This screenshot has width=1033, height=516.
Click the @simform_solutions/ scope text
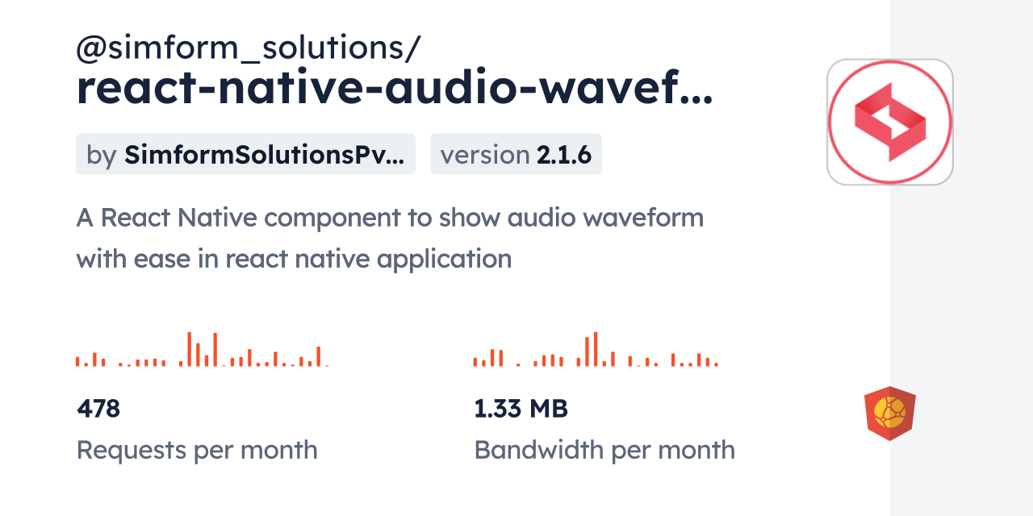click(x=248, y=48)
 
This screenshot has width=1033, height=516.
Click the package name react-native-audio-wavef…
click(x=395, y=88)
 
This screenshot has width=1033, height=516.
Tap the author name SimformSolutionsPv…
click(x=264, y=155)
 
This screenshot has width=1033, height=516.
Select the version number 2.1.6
click(x=563, y=155)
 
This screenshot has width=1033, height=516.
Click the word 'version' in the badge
click(x=485, y=155)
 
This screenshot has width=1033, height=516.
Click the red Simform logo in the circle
click(x=890, y=122)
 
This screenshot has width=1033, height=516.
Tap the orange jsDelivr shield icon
click(x=890, y=414)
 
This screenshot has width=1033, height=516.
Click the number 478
click(x=98, y=409)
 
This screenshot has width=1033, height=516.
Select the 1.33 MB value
click(x=521, y=409)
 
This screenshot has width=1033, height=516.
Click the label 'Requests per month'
click(x=197, y=450)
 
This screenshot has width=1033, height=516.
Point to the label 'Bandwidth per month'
click(x=604, y=450)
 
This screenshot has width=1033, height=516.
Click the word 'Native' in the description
click(x=217, y=218)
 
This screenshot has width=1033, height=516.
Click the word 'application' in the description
click(x=444, y=260)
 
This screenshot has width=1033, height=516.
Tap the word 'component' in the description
click(x=332, y=218)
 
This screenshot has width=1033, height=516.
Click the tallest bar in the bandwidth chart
click(x=596, y=349)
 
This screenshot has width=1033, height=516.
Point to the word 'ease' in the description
click(x=162, y=260)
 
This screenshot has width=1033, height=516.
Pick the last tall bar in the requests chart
click(x=318, y=356)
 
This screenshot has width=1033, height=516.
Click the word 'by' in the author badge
click(x=102, y=156)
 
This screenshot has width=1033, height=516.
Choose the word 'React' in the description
click(x=136, y=218)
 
